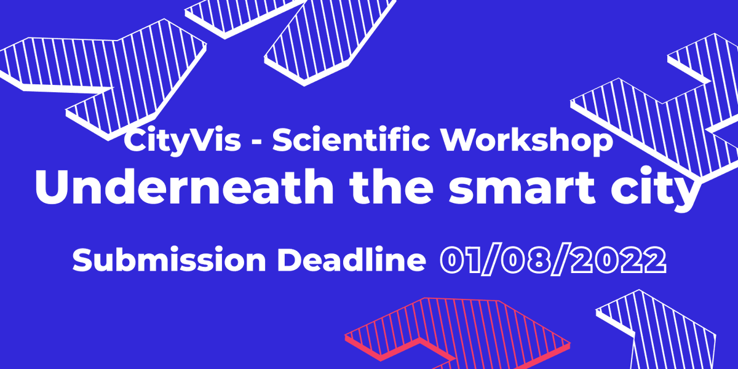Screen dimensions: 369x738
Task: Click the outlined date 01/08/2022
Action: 553,261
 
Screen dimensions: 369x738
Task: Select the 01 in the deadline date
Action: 461,261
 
